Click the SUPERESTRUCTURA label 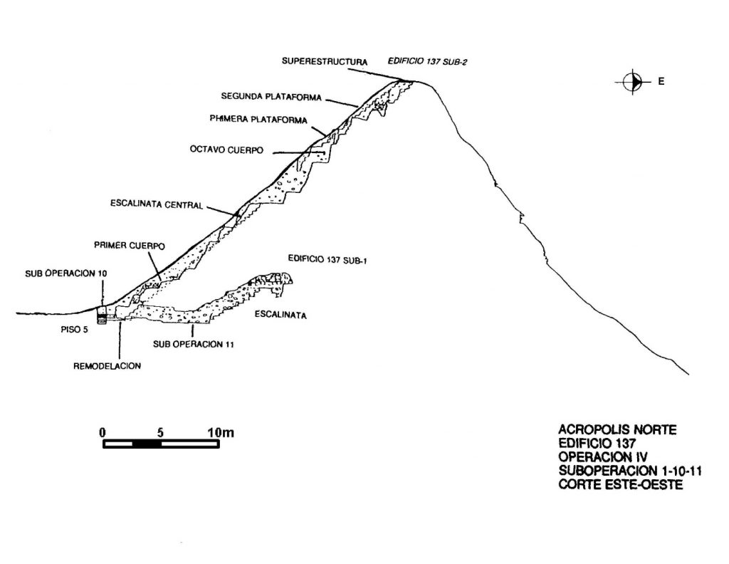(325, 61)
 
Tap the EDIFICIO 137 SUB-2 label (427, 61)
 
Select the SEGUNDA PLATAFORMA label (271, 97)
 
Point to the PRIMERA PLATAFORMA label (258, 120)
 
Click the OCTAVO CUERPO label (226, 150)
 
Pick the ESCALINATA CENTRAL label (157, 204)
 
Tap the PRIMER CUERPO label (130, 245)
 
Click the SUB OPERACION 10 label (66, 273)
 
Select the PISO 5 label (74, 330)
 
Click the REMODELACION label (107, 366)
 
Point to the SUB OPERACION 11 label (194, 344)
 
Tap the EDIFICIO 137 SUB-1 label (327, 259)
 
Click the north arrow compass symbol (633, 82)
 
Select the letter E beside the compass (661, 81)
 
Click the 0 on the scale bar (103, 432)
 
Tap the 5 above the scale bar (160, 432)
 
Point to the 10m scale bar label (221, 432)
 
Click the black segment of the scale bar (147, 444)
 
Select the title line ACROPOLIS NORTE (617, 429)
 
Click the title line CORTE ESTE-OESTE (621, 484)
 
